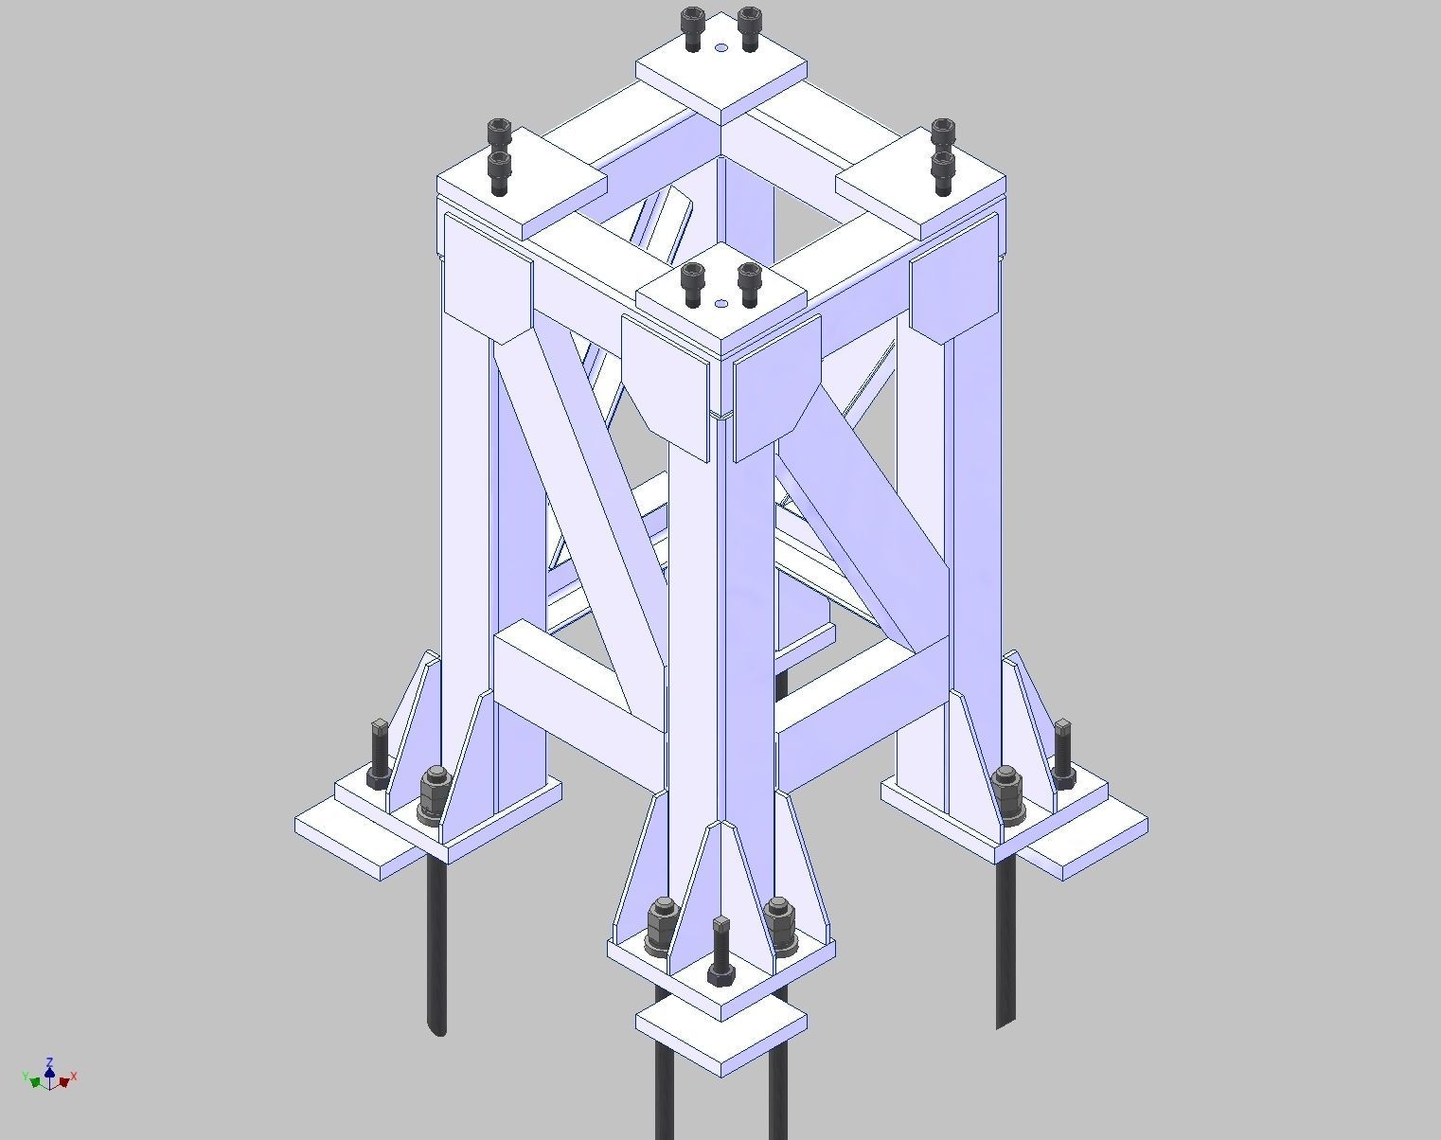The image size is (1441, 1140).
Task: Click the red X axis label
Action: tap(74, 1077)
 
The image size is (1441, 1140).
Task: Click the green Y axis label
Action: tap(25, 1077)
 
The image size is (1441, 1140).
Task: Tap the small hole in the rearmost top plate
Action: tap(721, 48)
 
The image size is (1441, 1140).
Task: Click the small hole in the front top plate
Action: tap(721, 304)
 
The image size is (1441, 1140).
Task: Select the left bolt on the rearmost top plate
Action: tap(693, 28)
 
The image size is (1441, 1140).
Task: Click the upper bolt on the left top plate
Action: tap(499, 134)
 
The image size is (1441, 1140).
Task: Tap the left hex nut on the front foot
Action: tap(661, 925)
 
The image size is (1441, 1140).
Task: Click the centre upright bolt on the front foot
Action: tap(720, 951)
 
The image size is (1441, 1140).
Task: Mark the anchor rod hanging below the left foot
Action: tap(436, 947)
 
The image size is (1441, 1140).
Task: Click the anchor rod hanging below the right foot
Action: tap(1005, 947)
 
